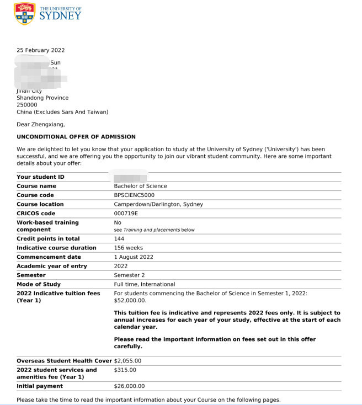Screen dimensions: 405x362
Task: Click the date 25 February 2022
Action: point(40,50)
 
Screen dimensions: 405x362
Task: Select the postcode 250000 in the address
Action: point(27,105)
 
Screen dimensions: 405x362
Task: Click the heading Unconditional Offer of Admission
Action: point(76,137)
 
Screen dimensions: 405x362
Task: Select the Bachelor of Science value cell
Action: point(140,186)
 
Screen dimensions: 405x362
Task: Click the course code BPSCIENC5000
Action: point(134,195)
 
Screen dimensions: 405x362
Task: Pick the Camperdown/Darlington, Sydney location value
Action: point(158,204)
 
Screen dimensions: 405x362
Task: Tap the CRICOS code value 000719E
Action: point(126,213)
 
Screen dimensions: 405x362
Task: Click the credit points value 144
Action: point(119,239)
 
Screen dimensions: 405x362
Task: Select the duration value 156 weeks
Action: point(128,248)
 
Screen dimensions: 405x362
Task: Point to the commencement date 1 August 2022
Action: point(134,257)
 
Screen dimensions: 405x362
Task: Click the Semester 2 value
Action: point(129,275)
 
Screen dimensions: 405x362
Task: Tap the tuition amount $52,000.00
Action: point(130,300)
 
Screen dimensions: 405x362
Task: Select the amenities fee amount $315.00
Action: point(125,370)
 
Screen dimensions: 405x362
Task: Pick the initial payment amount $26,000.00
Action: point(129,386)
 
